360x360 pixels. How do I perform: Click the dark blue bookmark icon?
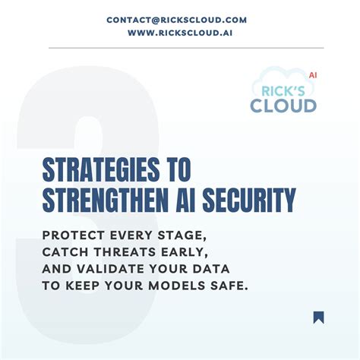(x=318, y=317)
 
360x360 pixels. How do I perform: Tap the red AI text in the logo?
(x=312, y=76)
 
